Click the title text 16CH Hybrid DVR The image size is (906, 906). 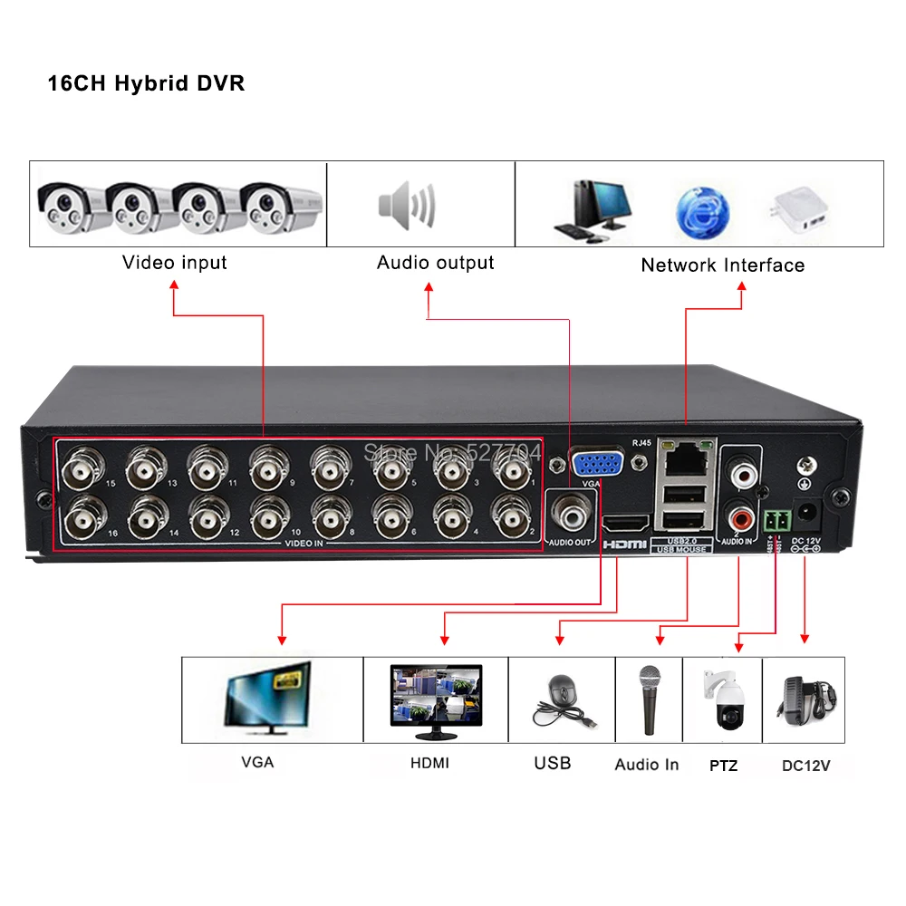(146, 83)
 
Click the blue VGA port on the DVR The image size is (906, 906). (594, 464)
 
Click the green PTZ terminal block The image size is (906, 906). (776, 519)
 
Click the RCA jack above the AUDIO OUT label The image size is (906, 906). (572, 516)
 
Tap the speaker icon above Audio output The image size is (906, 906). (407, 205)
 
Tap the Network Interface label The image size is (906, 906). (722, 265)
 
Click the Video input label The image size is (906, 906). (174, 263)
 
